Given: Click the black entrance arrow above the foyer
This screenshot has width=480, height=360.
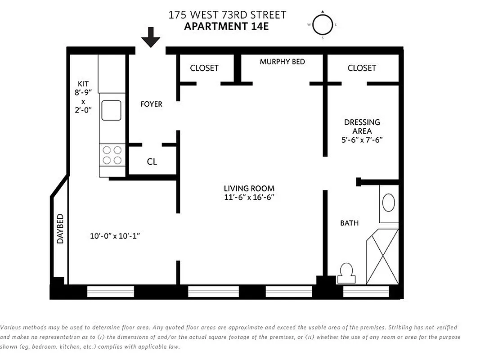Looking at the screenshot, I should pos(151,37).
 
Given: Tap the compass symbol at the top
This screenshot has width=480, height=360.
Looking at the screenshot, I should pos(323,25).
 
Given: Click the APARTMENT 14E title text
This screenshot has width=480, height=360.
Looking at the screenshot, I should pos(226,26).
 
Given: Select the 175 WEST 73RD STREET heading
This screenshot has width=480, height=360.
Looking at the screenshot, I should pos(227,15).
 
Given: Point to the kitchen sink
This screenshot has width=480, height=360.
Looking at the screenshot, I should pos(111,110).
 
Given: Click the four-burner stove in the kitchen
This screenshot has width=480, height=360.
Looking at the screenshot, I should pos(112,155).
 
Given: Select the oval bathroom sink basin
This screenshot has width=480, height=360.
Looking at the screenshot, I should pos(389,202).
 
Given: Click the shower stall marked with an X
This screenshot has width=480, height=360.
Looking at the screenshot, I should pos(382,256).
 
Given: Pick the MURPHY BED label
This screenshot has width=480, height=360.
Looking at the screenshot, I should pos(282,62).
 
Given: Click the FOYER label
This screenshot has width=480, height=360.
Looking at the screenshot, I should pos(151,104).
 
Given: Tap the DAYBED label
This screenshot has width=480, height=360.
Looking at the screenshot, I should pos(60,229).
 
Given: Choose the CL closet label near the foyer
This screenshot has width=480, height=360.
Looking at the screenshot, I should pos(152,162).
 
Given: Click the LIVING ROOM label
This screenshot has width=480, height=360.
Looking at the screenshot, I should pos(249,188).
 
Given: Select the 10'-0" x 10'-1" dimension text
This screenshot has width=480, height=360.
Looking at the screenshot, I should pos(115,236).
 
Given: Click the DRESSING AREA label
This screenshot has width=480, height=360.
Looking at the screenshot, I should pos(362,126).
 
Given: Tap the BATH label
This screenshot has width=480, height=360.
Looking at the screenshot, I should pos(349,223).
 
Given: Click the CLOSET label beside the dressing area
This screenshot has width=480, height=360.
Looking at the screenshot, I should pos(362,68).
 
